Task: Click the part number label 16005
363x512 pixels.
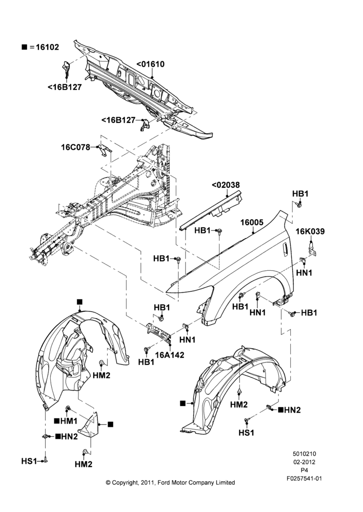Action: (x=252, y=222)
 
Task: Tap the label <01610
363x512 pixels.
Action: (x=150, y=65)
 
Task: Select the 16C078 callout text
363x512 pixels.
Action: (x=75, y=147)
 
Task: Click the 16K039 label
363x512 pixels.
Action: (x=310, y=231)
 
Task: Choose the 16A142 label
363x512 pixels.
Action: (x=170, y=355)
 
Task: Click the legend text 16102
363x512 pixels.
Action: (x=47, y=47)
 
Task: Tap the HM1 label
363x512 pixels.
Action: (x=69, y=421)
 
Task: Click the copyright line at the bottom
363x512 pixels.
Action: (x=170, y=482)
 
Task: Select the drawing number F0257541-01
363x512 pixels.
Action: (x=304, y=478)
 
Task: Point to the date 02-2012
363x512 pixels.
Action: (x=304, y=462)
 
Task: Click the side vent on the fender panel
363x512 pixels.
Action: (x=285, y=248)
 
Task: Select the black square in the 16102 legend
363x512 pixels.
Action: (x=24, y=47)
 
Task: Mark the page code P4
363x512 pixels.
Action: (x=304, y=470)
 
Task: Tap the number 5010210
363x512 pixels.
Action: (x=304, y=454)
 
